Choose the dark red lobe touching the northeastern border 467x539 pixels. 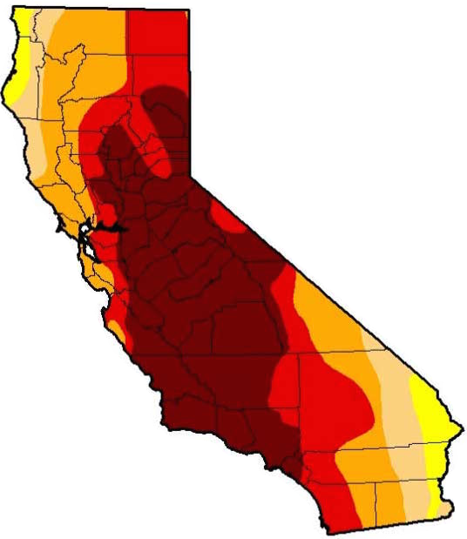pyautogui.click(x=171, y=100)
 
